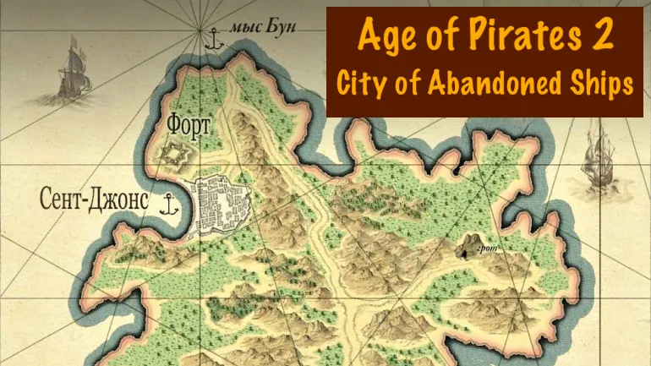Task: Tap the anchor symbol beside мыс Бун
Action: [214, 38]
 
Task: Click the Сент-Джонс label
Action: [94, 200]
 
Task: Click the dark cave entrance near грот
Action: [468, 246]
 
